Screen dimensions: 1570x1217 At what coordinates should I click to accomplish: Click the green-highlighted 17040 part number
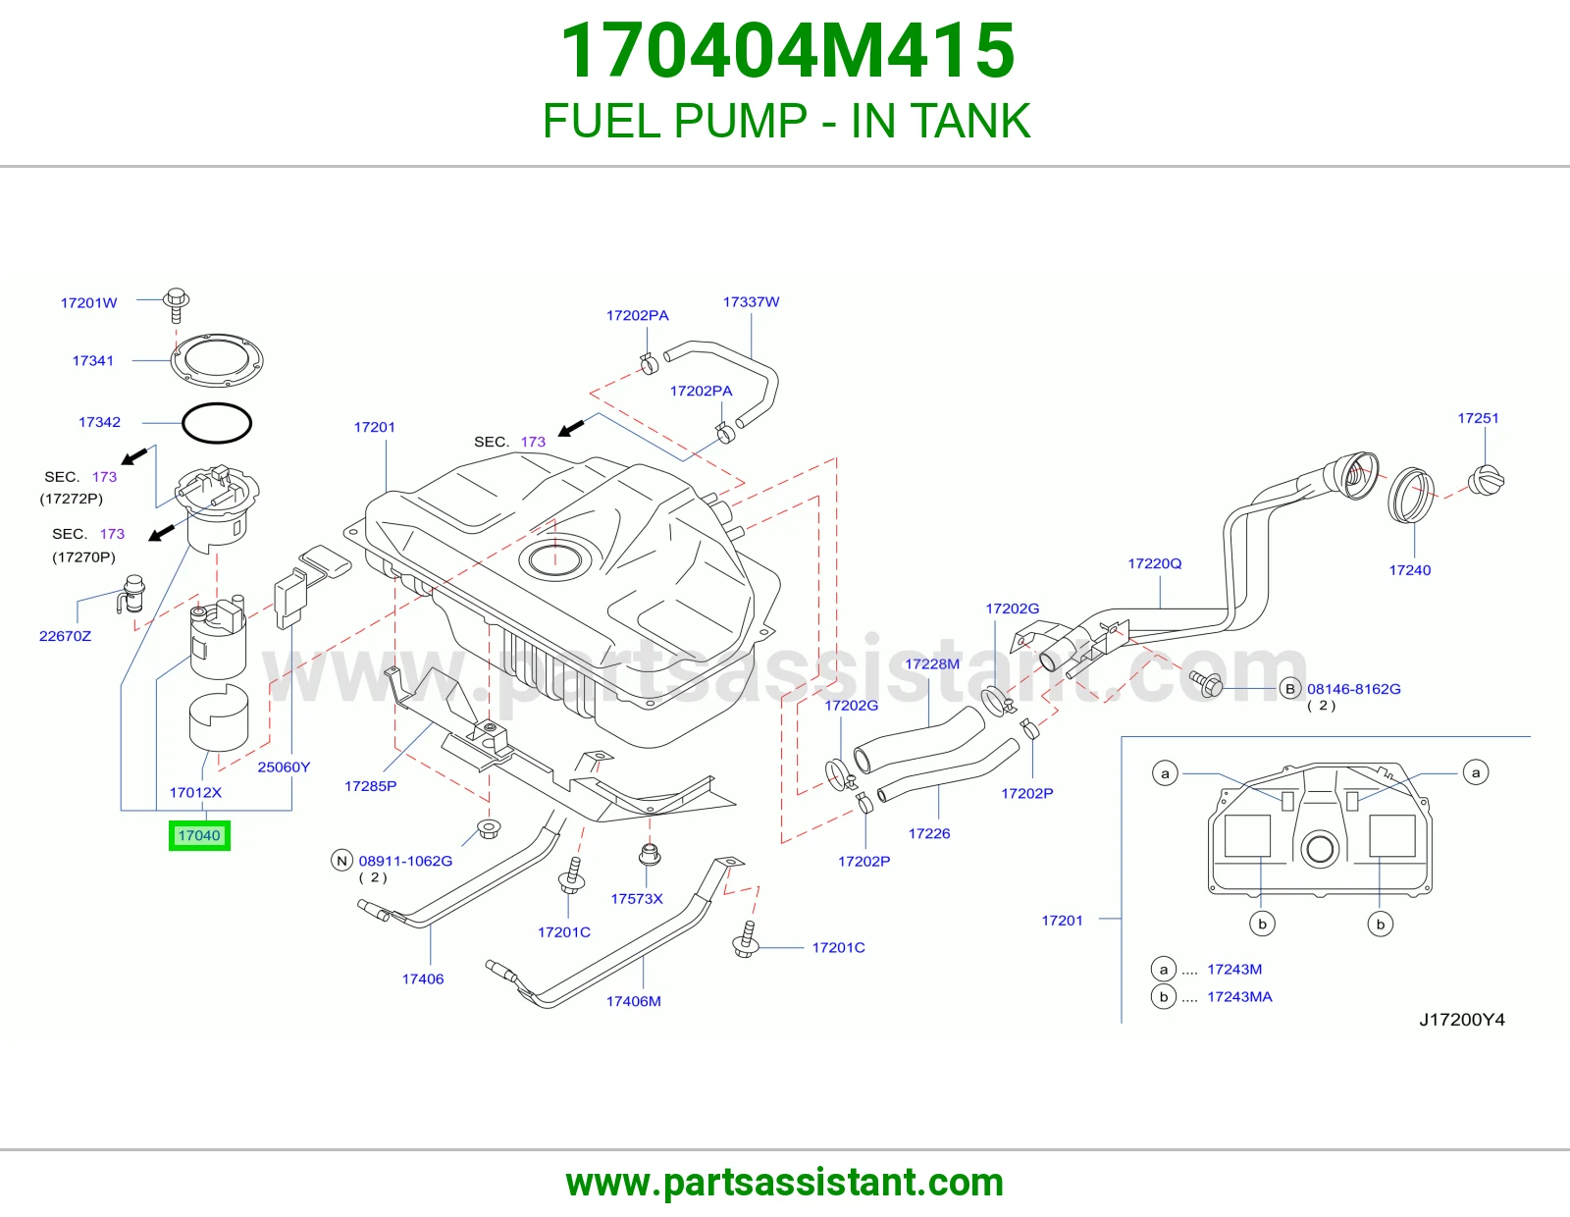click(x=199, y=836)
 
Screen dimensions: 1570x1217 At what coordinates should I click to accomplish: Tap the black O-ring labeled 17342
click(x=217, y=403)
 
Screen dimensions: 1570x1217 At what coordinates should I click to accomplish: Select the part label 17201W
click(x=89, y=303)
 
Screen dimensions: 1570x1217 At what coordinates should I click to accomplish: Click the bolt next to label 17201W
click(x=176, y=305)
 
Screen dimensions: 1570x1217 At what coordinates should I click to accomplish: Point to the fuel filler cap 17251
click(x=1487, y=481)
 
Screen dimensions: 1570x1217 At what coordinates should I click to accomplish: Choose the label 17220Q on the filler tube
click(x=1155, y=563)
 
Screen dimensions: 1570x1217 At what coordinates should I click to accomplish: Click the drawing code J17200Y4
click(x=1462, y=1020)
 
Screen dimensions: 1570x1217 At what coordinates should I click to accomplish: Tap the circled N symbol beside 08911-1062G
click(x=341, y=861)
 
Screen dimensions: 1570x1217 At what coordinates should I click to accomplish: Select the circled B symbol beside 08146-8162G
click(x=1290, y=689)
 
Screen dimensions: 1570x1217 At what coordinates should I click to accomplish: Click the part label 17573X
click(x=637, y=899)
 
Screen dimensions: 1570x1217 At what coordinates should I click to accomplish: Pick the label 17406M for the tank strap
click(x=634, y=1002)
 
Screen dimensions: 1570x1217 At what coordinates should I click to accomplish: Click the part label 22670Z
click(x=65, y=636)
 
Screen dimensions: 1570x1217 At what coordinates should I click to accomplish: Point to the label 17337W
click(x=752, y=302)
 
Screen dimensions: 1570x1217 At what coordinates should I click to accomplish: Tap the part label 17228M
click(x=932, y=664)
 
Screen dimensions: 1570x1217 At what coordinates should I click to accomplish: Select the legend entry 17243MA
click(x=1240, y=996)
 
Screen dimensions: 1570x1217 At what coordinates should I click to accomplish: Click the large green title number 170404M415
click(x=788, y=50)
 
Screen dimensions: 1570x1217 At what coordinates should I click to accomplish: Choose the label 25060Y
click(x=284, y=767)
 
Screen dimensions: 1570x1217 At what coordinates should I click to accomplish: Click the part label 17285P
click(x=371, y=786)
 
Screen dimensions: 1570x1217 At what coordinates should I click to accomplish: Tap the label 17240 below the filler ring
click(x=1410, y=570)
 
